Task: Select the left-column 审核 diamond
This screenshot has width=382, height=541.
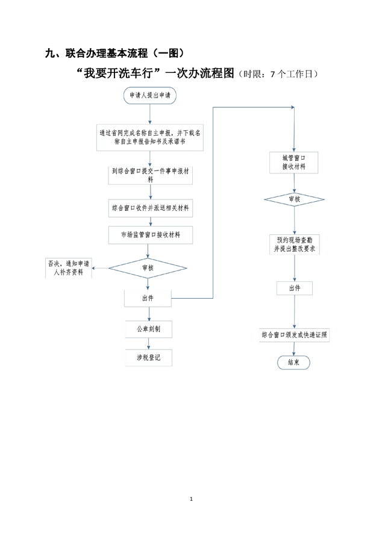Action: [148, 267]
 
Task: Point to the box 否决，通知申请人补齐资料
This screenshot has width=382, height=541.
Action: [69, 267]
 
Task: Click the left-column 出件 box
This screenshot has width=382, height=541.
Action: [148, 298]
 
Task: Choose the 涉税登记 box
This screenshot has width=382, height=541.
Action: [148, 357]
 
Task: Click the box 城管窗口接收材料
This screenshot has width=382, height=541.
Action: [293, 161]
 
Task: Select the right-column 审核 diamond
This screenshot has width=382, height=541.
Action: [293, 198]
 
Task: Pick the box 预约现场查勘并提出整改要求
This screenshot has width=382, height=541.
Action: [293, 244]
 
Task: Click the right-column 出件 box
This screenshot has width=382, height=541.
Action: [294, 289]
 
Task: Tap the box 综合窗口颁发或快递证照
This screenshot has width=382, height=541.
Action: [294, 334]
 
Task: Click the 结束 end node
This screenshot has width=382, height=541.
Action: [294, 363]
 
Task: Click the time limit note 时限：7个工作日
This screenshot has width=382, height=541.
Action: [278, 75]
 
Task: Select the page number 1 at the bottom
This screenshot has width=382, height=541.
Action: [191, 499]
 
